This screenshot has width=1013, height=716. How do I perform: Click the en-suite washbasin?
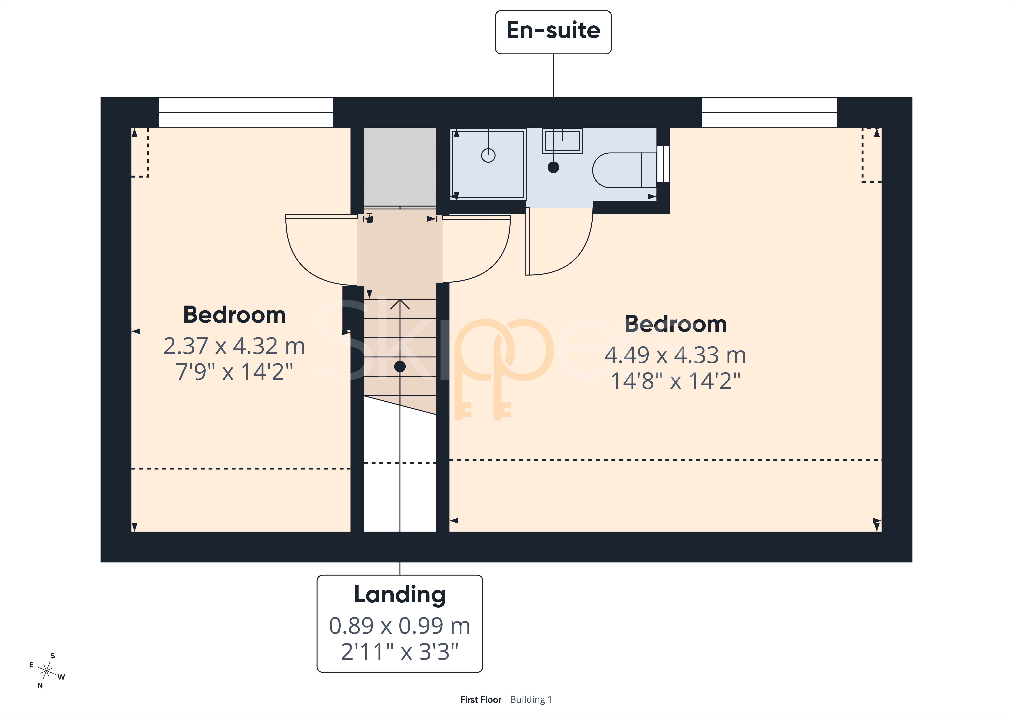563,141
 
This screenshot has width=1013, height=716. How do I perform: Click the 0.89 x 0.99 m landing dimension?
400,626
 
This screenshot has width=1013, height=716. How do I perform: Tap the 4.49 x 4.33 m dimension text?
675,355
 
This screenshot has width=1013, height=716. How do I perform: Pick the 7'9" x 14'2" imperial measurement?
234,372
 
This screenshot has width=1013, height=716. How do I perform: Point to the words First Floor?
481,700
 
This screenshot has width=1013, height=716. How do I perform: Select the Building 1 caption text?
531,700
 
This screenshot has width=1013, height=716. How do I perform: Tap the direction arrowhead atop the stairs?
400,304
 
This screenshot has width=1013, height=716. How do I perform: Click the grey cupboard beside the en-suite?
400,167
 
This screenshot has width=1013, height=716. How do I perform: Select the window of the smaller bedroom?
246,112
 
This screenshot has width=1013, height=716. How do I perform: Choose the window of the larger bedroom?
769,112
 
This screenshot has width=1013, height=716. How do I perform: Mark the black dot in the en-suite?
553,167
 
